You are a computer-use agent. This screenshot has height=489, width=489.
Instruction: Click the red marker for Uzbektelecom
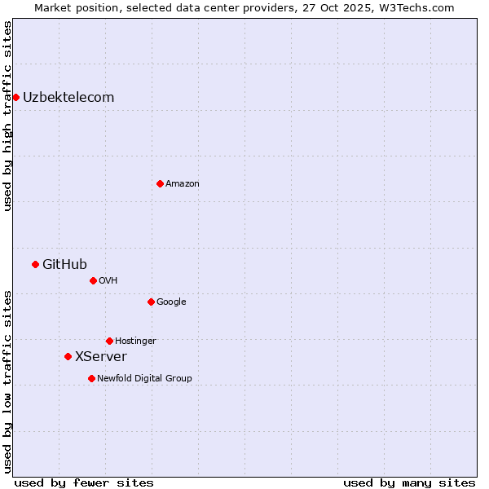15,98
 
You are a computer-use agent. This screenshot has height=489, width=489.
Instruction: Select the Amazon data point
160,183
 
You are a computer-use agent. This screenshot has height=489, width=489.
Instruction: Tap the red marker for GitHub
35,264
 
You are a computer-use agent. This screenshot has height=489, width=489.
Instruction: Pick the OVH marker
93,280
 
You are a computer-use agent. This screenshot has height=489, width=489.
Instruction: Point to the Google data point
151,302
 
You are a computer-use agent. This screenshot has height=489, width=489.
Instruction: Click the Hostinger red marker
109,341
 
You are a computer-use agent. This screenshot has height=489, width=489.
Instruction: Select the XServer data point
68,356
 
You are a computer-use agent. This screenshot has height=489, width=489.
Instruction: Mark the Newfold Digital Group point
91,378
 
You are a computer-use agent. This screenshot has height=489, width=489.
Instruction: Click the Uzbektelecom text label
68,98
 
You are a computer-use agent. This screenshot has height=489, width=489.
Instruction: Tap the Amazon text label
183,183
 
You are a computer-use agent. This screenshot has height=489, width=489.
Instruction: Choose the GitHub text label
64,264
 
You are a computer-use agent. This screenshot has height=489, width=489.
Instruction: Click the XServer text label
101,356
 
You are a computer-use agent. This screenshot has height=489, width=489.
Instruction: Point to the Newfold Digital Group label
144,378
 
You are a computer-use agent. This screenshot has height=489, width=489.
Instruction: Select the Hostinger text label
135,341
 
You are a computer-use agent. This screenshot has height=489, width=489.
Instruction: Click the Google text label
171,302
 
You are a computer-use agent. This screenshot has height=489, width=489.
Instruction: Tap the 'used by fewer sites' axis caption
84,482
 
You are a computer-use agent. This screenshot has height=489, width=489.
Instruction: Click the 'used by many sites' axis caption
409,482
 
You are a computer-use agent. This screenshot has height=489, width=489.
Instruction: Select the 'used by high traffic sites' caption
7,116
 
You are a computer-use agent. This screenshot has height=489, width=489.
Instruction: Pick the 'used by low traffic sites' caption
7,381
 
